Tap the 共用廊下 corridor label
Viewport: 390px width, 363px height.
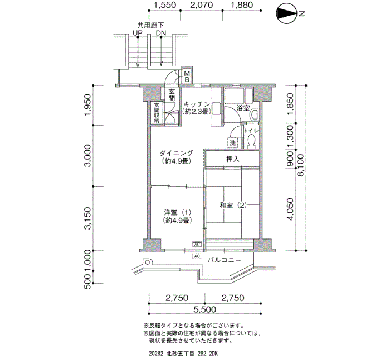[x=150, y=25]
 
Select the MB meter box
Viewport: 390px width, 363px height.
[x=187, y=77]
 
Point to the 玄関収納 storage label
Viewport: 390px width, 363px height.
[x=157, y=112]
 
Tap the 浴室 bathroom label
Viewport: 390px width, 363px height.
[x=243, y=107]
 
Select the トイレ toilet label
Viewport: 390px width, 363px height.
[x=251, y=131]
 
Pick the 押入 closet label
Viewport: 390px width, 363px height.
[x=232, y=160]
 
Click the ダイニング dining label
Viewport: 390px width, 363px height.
[x=176, y=157]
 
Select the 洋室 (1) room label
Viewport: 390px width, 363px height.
[x=178, y=216]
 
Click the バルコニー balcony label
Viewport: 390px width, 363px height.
[x=224, y=260]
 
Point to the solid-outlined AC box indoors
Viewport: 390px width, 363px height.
[x=197, y=245]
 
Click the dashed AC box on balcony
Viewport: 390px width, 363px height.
[x=197, y=256]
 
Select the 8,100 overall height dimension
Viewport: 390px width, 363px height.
[x=301, y=166]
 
